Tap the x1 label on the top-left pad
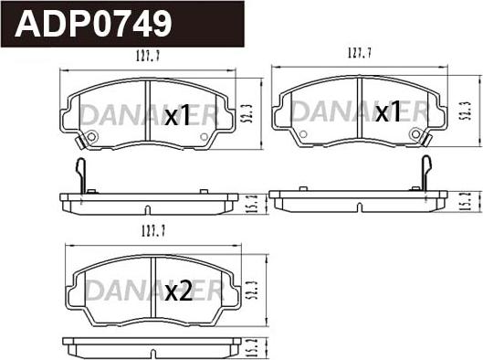176,116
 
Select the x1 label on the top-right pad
388,112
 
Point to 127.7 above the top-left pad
149,57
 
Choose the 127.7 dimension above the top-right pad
359,54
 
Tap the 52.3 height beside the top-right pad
465,111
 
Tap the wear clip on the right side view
424,171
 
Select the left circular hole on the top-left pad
90,138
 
